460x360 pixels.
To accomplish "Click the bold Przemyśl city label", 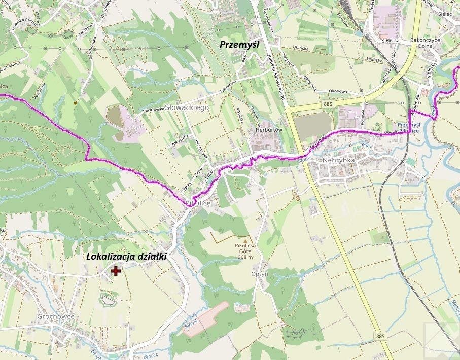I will pos(239,45).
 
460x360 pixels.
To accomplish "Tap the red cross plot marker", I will pos(116,271).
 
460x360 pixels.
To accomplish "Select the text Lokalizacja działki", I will pos(126,257).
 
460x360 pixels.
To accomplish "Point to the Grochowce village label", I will pos(56,316).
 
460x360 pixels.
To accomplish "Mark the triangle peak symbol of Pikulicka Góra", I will pos(245,241).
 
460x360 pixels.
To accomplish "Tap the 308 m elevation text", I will pos(245,257).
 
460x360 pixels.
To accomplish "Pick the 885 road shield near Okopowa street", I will pos(327,104).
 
